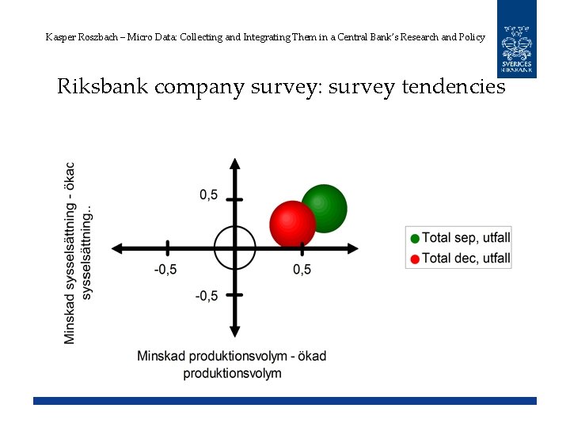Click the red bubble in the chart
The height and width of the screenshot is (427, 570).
[x=292, y=224]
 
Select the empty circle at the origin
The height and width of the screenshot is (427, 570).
[x=235, y=248]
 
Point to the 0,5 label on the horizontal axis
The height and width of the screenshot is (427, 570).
[x=302, y=270]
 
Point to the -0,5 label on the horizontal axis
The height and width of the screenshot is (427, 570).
[x=165, y=270]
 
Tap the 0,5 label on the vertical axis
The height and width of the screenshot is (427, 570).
[x=208, y=195]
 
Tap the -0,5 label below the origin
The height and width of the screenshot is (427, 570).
[x=206, y=296]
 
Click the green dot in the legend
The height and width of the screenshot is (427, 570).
[x=415, y=238]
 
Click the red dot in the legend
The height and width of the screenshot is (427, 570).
[x=415, y=259]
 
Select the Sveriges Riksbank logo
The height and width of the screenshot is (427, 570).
[x=516, y=39]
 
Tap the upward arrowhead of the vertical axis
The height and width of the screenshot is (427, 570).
[x=235, y=164]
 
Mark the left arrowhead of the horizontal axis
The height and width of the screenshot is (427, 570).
[x=117, y=248]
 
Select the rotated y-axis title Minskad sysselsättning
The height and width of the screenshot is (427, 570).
[x=70, y=253]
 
